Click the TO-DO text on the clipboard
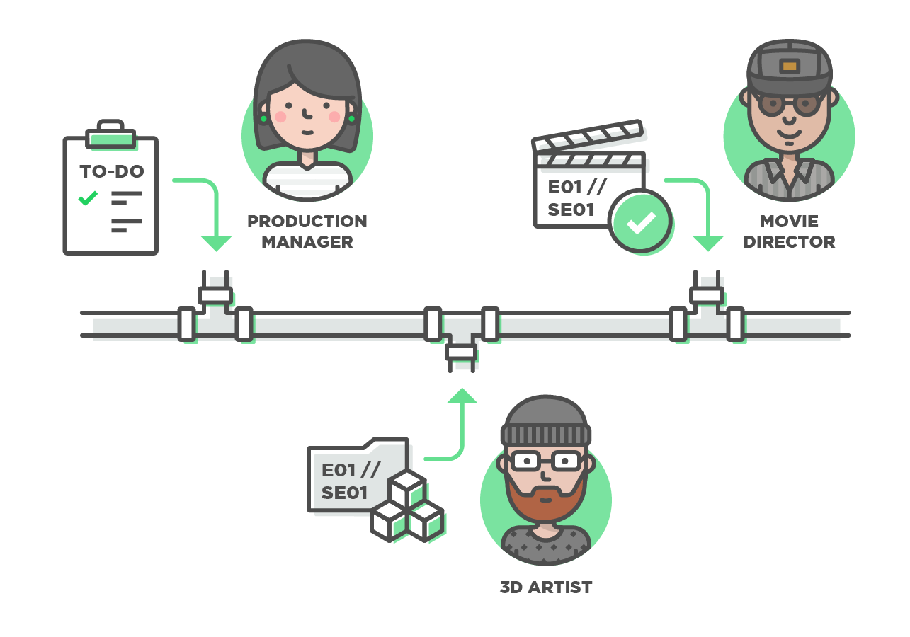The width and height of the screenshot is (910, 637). [111, 171]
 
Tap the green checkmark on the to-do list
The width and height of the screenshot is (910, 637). [88, 198]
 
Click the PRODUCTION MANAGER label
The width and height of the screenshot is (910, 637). [307, 231]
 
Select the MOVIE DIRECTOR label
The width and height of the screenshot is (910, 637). [789, 231]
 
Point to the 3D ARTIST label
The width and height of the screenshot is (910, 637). [545, 587]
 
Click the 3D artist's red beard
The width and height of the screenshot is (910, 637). [545, 499]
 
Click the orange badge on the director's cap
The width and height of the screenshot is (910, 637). [789, 67]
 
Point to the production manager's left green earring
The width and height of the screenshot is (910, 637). [263, 119]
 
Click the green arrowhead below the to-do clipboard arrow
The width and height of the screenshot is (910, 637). [215, 243]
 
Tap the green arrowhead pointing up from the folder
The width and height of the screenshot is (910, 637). [462, 396]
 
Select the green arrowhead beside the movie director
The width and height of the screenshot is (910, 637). [707, 243]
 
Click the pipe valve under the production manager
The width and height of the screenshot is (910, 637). [215, 294]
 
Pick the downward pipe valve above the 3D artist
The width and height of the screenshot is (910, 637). [461, 352]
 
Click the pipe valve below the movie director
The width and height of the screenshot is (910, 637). [707, 294]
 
